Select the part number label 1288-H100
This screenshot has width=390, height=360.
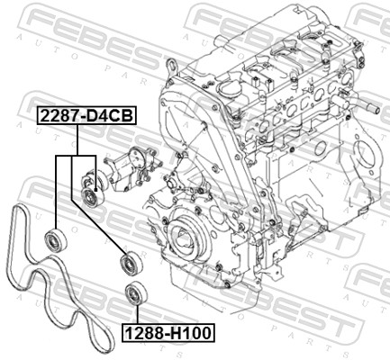168,333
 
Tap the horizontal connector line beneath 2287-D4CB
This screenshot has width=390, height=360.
76,156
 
